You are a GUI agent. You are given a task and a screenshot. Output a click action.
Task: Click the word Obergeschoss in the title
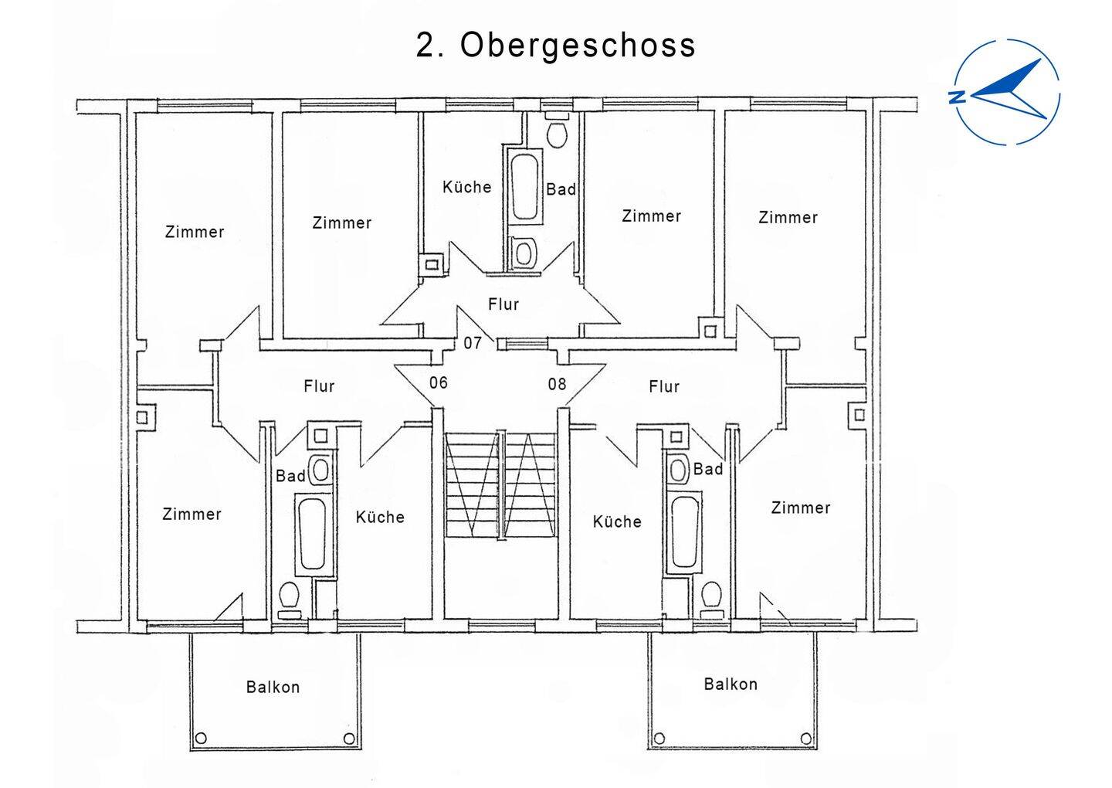pyautogui.click(x=578, y=46)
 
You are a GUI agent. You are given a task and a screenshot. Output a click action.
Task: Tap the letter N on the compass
pyautogui.click(x=957, y=97)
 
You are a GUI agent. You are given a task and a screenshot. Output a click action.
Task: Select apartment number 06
pyautogui.click(x=439, y=382)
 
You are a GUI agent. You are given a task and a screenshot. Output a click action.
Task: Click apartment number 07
pyautogui.click(x=473, y=342)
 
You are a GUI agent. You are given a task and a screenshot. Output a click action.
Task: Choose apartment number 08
pyautogui.click(x=557, y=384)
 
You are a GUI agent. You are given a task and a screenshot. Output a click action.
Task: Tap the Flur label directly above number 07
pyautogui.click(x=503, y=304)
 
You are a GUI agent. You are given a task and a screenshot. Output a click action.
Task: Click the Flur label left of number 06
pyautogui.click(x=319, y=386)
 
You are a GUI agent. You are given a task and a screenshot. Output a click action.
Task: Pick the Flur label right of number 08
pyautogui.click(x=664, y=386)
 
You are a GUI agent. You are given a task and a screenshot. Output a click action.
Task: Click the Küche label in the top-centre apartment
pyautogui.click(x=467, y=187)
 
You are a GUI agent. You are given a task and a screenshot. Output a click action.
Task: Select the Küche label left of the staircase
pyautogui.click(x=380, y=517)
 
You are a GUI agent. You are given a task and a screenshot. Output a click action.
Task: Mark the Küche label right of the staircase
pyautogui.click(x=617, y=521)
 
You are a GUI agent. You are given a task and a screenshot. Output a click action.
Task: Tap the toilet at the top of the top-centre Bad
pyautogui.click(x=557, y=133)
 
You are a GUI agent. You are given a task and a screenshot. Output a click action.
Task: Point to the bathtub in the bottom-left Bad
pyautogui.click(x=312, y=534)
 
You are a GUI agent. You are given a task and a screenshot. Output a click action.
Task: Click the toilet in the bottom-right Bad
pyautogui.click(x=711, y=595)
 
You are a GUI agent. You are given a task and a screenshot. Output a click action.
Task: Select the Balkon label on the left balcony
pyautogui.click(x=273, y=687)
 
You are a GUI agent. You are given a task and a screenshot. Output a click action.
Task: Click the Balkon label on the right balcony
pyautogui.click(x=731, y=684)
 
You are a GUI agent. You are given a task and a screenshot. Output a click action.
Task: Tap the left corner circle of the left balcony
pyautogui.click(x=202, y=738)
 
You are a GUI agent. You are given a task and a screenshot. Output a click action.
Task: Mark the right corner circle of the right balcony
pyautogui.click(x=805, y=737)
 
